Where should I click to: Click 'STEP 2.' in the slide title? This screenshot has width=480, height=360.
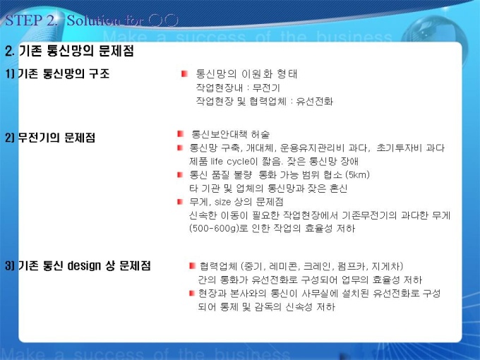[31, 20]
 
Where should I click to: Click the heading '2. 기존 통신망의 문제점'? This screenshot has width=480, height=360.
[69, 51]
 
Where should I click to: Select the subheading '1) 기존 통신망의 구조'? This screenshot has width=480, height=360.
[57, 73]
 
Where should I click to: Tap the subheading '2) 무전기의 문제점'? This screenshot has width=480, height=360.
[50, 138]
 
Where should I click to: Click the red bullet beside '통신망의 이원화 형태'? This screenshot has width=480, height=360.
[184, 74]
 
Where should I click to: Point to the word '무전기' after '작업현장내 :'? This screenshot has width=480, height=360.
[266, 88]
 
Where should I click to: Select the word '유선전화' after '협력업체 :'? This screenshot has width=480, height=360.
[314, 102]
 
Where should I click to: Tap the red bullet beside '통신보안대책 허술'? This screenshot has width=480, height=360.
[180, 134]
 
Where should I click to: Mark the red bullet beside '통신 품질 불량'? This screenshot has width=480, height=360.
[180, 175]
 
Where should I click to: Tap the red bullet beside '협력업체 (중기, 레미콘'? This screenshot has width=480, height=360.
[192, 265]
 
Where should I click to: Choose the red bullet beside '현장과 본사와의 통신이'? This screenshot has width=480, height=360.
[192, 294]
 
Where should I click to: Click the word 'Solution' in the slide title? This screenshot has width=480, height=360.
[93, 20]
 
